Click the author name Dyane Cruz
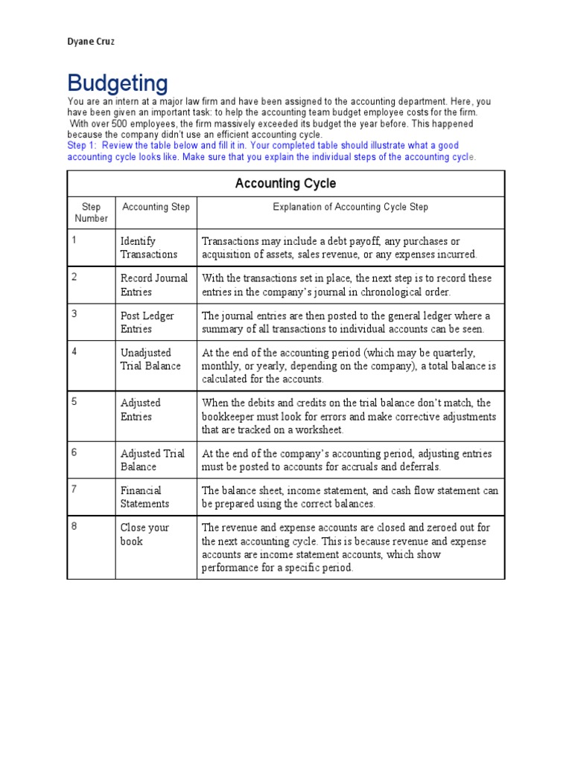[x=91, y=42]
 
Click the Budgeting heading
[x=118, y=83]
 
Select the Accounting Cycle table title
[x=285, y=183]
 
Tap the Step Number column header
[x=91, y=213]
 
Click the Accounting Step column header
[x=156, y=207]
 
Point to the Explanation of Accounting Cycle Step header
[x=350, y=207]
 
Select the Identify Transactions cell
[x=149, y=248]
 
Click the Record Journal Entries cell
[x=153, y=285]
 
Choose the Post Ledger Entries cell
[x=147, y=322]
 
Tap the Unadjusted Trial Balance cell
[x=150, y=359]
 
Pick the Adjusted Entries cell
[x=141, y=410]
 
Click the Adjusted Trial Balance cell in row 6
[x=152, y=460]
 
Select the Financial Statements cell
[x=145, y=497]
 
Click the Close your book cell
[x=144, y=534]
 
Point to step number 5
[x=74, y=402]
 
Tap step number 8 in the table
[x=74, y=526]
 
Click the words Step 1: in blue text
[x=82, y=146]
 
